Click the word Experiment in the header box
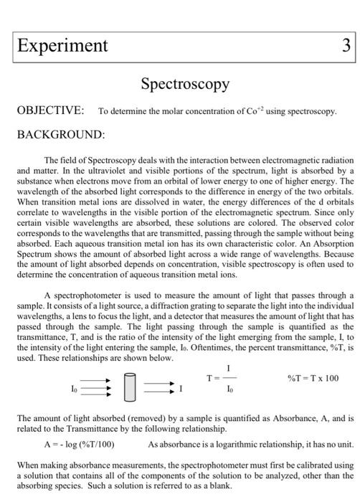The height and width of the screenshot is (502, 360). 62,46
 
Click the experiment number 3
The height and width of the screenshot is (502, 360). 346,46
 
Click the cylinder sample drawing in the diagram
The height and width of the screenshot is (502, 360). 129,390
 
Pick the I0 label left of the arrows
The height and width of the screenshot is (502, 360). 72,389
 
